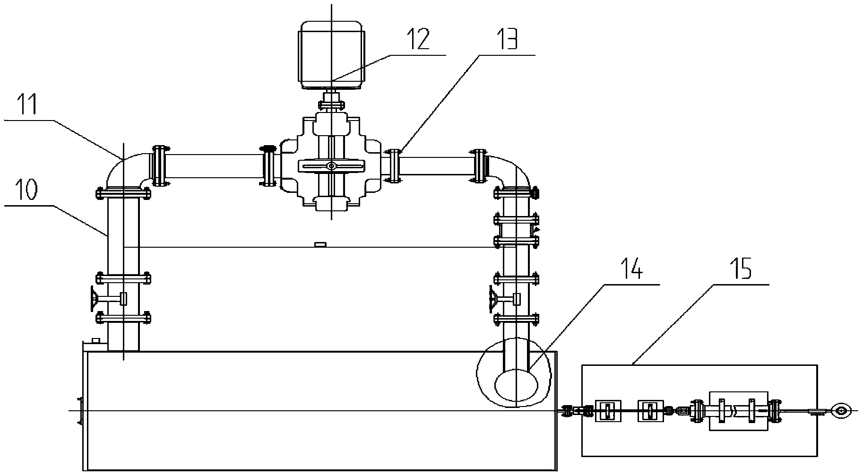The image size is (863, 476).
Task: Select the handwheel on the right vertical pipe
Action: pos(493,299)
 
